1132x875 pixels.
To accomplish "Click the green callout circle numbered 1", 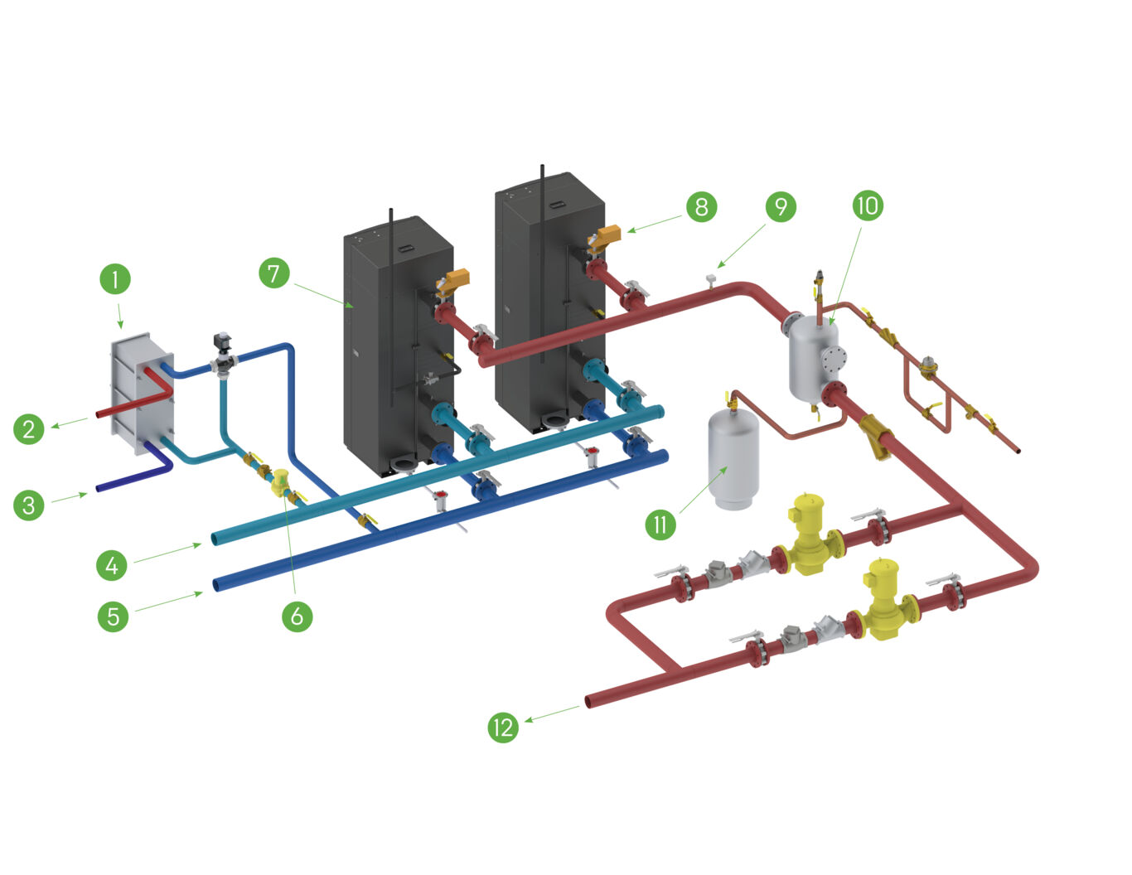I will [x=115, y=278].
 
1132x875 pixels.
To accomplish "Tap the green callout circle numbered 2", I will [x=29, y=428].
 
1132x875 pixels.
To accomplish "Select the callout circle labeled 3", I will [x=29, y=504].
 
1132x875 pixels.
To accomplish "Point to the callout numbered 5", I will [x=113, y=616].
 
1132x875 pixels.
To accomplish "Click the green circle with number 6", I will [x=297, y=616].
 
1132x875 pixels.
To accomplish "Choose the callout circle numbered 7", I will [x=274, y=273].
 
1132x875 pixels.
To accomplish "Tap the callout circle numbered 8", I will [x=701, y=205].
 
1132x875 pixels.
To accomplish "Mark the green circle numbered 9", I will [x=781, y=205].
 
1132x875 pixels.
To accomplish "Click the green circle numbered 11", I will [x=660, y=524].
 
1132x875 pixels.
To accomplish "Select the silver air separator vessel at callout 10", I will [x=812, y=356].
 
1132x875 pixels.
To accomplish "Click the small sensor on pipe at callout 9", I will [x=711, y=277].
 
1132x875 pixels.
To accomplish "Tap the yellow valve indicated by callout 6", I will [x=281, y=483].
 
